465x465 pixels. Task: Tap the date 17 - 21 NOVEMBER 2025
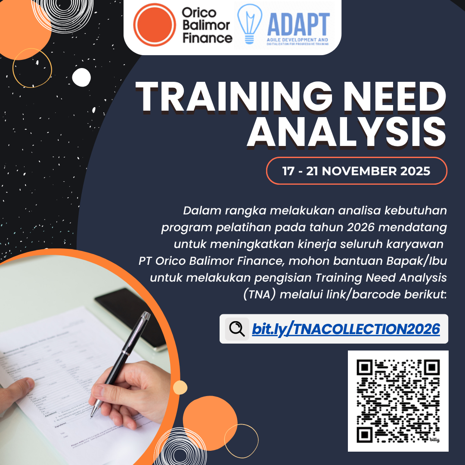356,171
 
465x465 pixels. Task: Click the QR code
398,401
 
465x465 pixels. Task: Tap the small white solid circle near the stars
81,77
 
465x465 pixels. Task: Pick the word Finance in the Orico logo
208,38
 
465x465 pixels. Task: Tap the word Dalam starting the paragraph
199,211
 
